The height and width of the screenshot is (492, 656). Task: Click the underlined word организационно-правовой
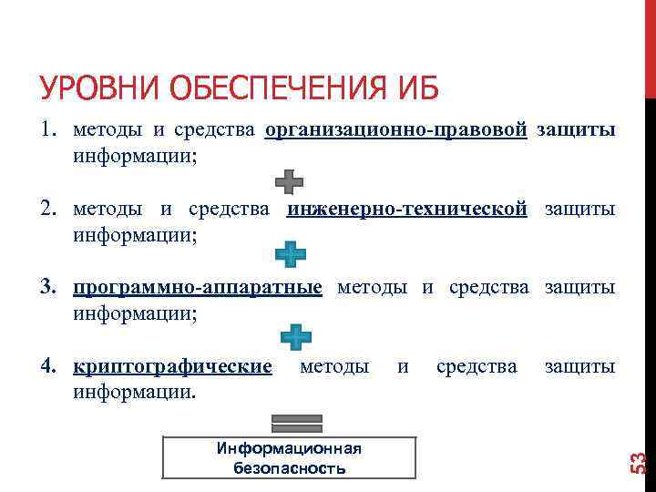(x=396, y=130)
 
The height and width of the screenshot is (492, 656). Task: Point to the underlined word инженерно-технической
(x=407, y=209)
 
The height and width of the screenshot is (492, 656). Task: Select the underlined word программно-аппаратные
(x=198, y=288)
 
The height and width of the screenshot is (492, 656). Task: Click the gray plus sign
(x=289, y=180)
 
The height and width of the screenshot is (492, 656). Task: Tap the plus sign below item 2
(x=291, y=254)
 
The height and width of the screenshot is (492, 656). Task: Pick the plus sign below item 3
(x=295, y=336)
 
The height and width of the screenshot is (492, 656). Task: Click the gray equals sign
(x=297, y=422)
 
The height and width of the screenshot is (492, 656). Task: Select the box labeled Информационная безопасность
(x=289, y=457)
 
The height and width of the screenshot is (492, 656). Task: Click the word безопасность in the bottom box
(x=289, y=468)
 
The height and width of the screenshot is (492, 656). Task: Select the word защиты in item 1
(x=576, y=130)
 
